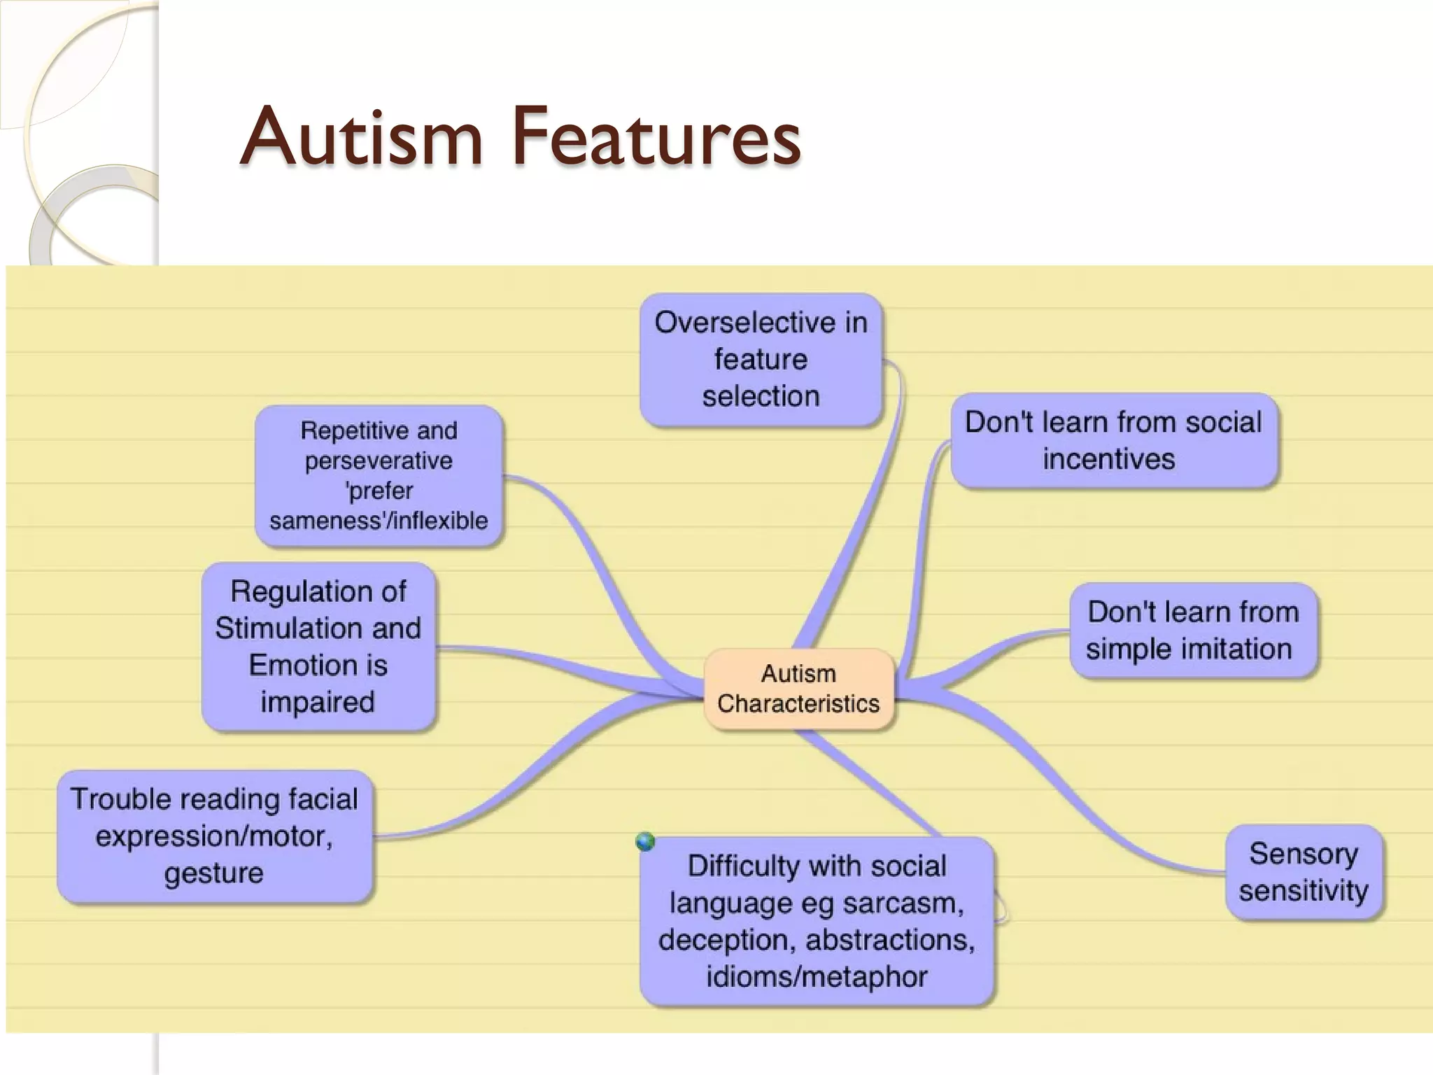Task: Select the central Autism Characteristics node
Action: coord(798,689)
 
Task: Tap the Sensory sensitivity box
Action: coord(1304,872)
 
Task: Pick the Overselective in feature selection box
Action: coord(761,360)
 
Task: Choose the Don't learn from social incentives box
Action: coord(1113,441)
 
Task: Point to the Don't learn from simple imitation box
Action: coord(1192,631)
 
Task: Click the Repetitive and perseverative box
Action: coord(379,476)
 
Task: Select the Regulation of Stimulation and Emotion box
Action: coord(318,647)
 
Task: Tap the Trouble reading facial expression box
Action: coord(214,836)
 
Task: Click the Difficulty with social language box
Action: coord(817,921)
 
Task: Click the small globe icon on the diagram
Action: coord(645,841)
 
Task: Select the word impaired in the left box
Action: coord(318,702)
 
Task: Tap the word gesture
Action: coord(214,873)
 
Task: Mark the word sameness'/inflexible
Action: coord(379,521)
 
